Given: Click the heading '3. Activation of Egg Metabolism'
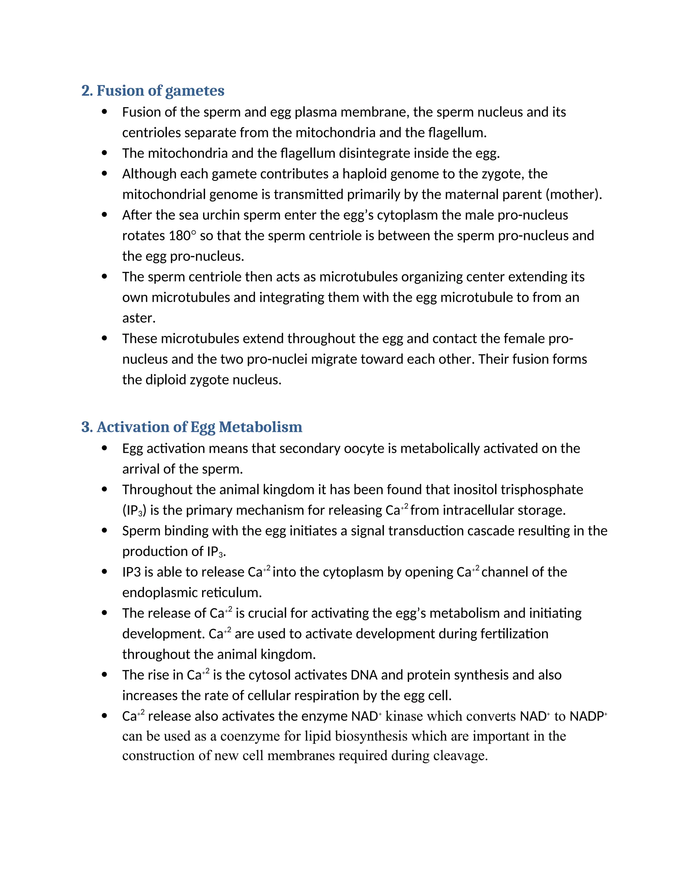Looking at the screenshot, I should (x=192, y=427).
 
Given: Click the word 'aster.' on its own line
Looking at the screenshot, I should (x=139, y=318).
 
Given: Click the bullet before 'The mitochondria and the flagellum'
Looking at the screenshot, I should (x=104, y=154).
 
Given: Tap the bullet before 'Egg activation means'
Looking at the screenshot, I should (x=104, y=449).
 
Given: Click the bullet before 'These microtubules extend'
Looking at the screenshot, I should (x=104, y=339).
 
